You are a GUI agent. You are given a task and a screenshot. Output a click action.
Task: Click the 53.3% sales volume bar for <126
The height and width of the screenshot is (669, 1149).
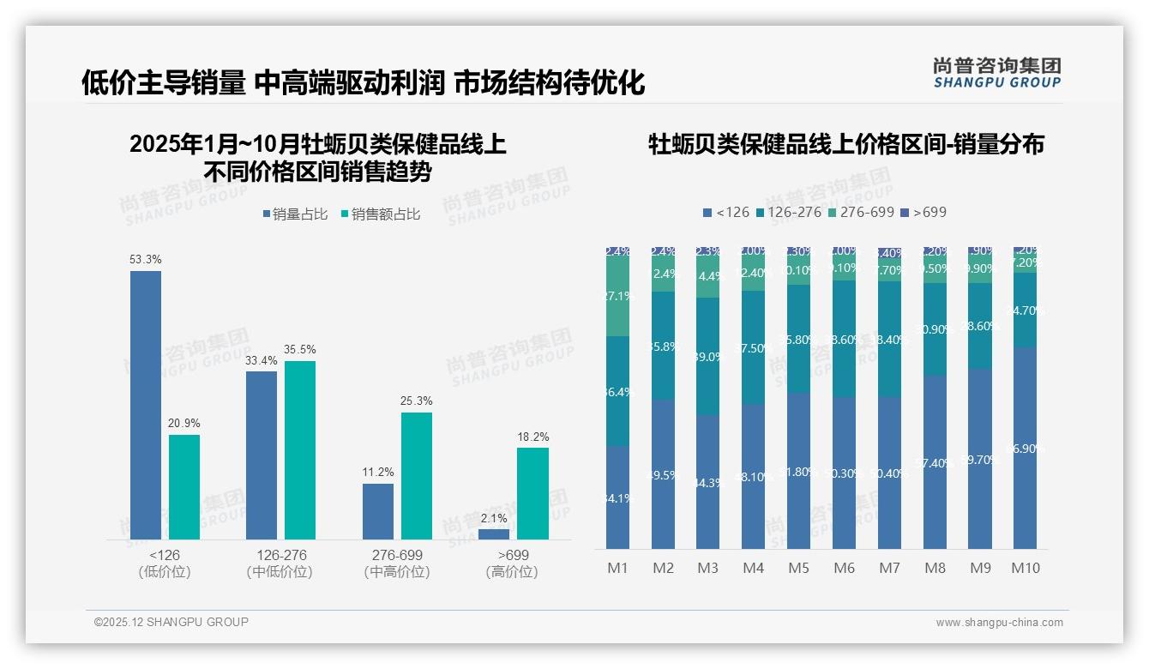(x=146, y=405)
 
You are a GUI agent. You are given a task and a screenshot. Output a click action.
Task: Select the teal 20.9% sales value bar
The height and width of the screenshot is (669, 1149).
(x=184, y=487)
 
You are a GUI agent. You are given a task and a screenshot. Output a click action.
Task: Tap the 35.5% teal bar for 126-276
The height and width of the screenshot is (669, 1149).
(x=300, y=450)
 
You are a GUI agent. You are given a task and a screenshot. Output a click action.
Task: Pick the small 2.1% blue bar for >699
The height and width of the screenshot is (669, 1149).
(x=494, y=534)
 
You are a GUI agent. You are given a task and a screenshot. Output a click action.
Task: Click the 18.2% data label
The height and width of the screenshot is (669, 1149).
(x=532, y=437)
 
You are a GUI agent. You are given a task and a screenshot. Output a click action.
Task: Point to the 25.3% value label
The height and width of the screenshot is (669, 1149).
(x=416, y=401)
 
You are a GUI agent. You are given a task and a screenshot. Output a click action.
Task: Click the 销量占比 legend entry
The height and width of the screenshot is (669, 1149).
(x=295, y=214)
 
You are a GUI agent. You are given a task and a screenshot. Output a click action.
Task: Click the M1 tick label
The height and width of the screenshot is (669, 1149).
(x=618, y=568)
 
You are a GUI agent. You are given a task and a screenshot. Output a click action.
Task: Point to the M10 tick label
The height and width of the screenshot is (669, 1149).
(x=1026, y=568)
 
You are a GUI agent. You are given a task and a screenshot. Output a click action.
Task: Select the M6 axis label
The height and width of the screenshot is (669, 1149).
(x=845, y=568)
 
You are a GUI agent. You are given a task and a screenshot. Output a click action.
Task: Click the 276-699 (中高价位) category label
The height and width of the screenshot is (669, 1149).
(x=397, y=564)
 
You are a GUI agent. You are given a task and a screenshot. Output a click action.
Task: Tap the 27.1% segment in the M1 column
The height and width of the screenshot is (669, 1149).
(x=618, y=296)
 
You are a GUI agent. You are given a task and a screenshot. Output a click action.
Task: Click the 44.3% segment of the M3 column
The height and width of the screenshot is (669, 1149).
(x=708, y=482)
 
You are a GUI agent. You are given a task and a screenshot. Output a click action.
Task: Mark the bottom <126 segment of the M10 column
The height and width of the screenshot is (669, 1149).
(x=1026, y=448)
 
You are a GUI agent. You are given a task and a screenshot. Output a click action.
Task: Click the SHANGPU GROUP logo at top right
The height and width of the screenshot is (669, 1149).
(x=996, y=73)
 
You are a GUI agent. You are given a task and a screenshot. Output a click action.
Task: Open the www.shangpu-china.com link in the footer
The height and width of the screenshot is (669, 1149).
(x=999, y=623)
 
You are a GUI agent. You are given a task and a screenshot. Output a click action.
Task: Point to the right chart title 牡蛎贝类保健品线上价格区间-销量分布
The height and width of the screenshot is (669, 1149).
(x=845, y=144)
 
